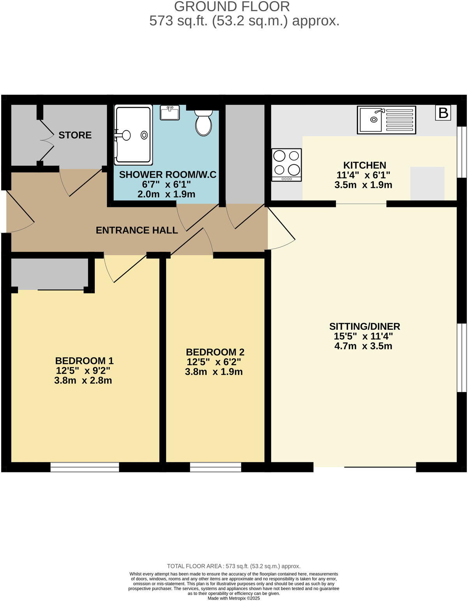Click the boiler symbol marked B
[443, 113]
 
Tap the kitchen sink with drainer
[386, 120]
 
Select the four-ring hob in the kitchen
[286, 164]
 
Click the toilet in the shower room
[203, 122]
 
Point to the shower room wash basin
[170, 113]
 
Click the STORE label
[75, 135]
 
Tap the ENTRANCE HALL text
[137, 230]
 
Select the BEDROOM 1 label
[84, 361]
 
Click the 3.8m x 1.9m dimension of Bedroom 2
[214, 372]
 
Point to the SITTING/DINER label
[364, 327]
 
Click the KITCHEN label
[364, 165]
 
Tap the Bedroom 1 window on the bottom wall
[85, 467]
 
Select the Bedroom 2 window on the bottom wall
[216, 467]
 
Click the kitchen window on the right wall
[461, 152]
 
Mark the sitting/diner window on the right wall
[461, 357]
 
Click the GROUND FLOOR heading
[232, 7]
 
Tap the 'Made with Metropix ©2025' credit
[233, 598]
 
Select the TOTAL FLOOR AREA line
[233, 566]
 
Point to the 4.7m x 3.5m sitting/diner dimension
[363, 346]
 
